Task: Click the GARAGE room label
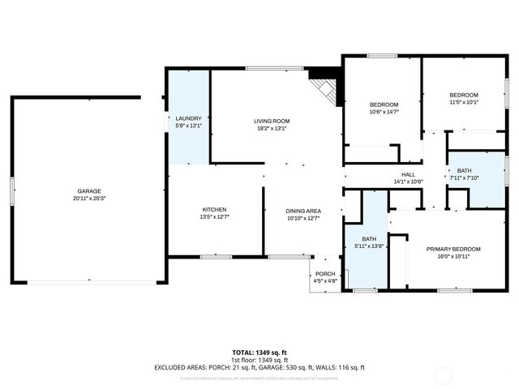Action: tap(89, 190)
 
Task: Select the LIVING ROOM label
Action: tap(272, 121)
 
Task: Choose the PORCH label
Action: tap(325, 274)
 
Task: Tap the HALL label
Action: tap(409, 174)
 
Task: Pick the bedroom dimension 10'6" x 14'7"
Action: tap(384, 112)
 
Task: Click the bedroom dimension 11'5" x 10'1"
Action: tap(464, 102)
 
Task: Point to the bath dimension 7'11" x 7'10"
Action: tap(464, 177)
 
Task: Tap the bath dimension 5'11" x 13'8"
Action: tap(369, 246)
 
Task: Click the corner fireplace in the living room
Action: tap(325, 87)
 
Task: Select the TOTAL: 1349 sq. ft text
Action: tap(259, 353)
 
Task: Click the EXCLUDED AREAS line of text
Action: tap(259, 367)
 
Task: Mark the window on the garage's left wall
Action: tap(12, 190)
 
